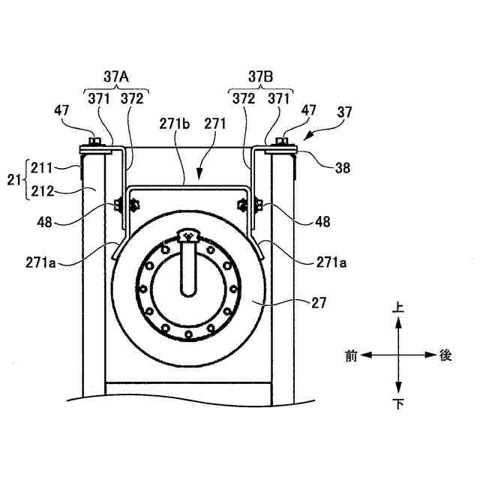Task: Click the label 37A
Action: click(116, 76)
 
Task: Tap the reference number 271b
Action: click(172, 122)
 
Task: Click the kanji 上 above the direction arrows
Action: click(398, 307)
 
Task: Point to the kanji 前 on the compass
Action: click(351, 355)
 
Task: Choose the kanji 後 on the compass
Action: click(445, 355)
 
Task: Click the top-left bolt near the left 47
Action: click(93, 141)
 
